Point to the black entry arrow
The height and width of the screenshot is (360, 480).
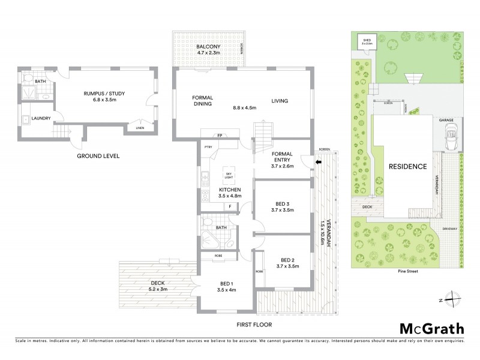tap(319, 161)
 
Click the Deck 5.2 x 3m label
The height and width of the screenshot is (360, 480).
tap(157, 286)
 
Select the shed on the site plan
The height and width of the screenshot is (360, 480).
tap(365, 41)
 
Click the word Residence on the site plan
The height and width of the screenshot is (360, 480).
tap(407, 166)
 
